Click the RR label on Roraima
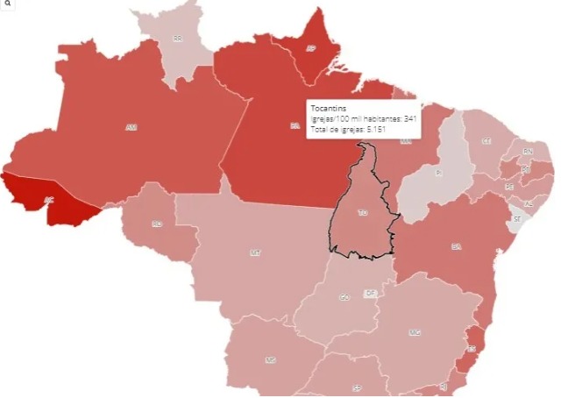click(x=178, y=39)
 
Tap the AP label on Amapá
click(x=309, y=49)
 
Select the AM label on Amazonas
click(x=131, y=128)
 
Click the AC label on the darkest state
click(x=49, y=201)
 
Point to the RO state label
click(x=157, y=224)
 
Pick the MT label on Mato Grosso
click(x=255, y=252)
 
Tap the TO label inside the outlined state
click(x=363, y=212)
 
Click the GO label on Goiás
click(x=344, y=297)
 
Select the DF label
click(x=370, y=294)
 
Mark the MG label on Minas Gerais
click(x=415, y=332)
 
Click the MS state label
click(x=272, y=360)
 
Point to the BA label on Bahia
click(x=456, y=247)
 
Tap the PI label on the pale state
click(x=438, y=174)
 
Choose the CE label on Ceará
click(x=486, y=141)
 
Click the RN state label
click(x=528, y=152)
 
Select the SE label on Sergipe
click(x=517, y=218)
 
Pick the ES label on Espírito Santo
click(x=471, y=348)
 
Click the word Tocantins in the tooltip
click(x=330, y=107)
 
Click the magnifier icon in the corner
click(x=6, y=4)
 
